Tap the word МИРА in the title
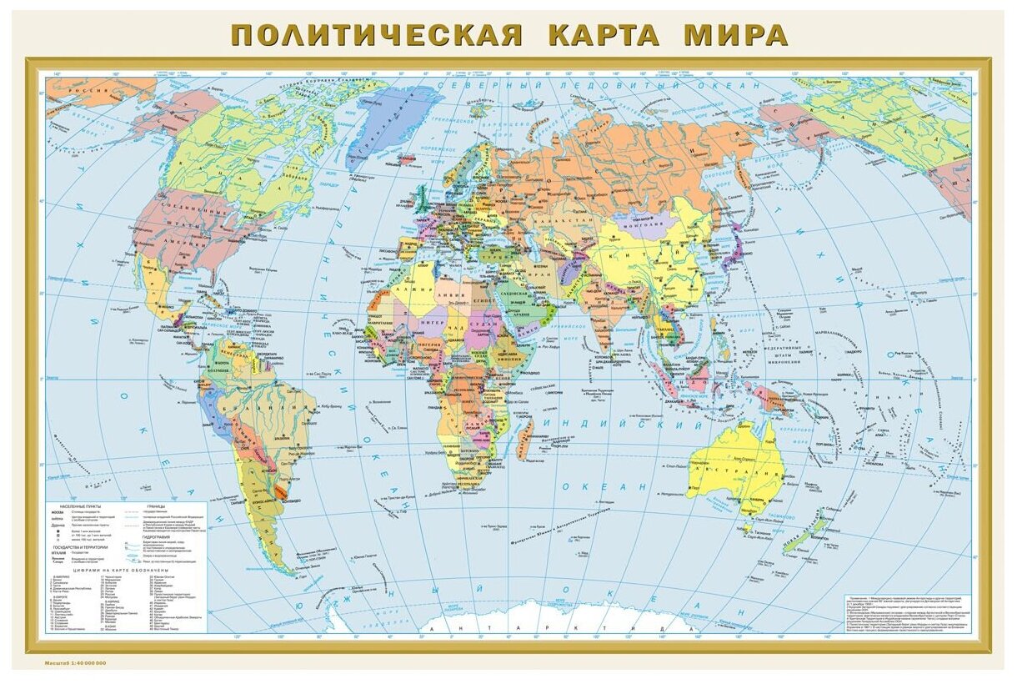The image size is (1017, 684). [x=735, y=36]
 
